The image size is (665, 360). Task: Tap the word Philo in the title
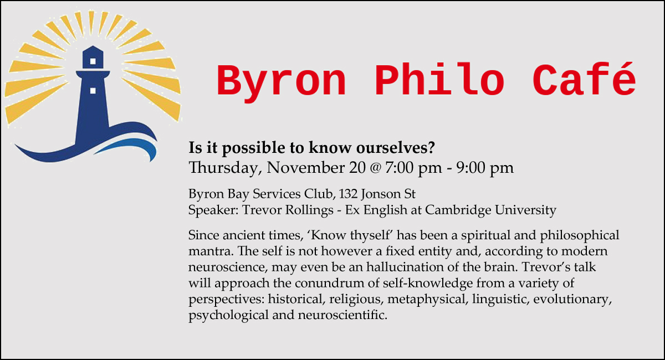pyautogui.click(x=439, y=79)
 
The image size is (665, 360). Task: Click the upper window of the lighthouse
pyautogui.click(x=93, y=61)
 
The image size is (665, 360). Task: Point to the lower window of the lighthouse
pyautogui.click(x=93, y=90)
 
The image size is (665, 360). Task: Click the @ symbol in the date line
pyautogui.click(x=376, y=168)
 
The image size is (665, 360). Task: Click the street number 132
pyautogui.click(x=348, y=194)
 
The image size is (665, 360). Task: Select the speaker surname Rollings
pyautogui.click(x=309, y=210)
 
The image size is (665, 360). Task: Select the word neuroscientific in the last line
pyautogui.click(x=342, y=315)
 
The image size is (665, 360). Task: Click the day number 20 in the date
pyautogui.click(x=357, y=168)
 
